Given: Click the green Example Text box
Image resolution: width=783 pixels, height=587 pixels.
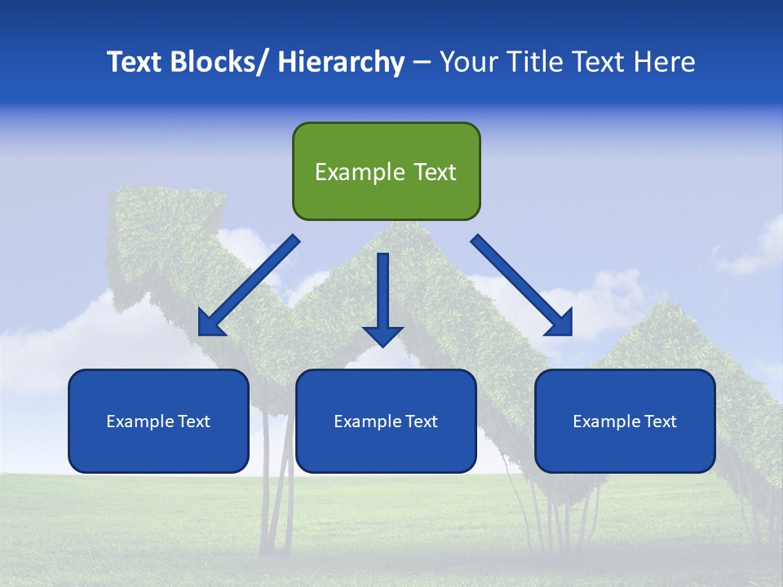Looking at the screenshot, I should (x=386, y=171).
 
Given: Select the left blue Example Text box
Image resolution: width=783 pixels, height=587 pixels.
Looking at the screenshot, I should (x=158, y=421).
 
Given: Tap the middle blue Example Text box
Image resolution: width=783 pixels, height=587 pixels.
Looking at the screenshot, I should (x=386, y=421).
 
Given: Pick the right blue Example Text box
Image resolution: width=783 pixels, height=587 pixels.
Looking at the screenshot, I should (x=625, y=421).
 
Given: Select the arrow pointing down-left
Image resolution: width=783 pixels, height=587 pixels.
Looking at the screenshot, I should (x=249, y=285).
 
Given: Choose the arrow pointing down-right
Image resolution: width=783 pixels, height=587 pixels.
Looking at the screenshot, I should (x=522, y=285).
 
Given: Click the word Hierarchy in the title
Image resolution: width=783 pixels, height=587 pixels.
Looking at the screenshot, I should (x=341, y=62).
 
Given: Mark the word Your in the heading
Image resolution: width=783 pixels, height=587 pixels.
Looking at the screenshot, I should (x=466, y=62).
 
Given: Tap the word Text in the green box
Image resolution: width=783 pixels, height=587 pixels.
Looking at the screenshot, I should (x=435, y=172).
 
